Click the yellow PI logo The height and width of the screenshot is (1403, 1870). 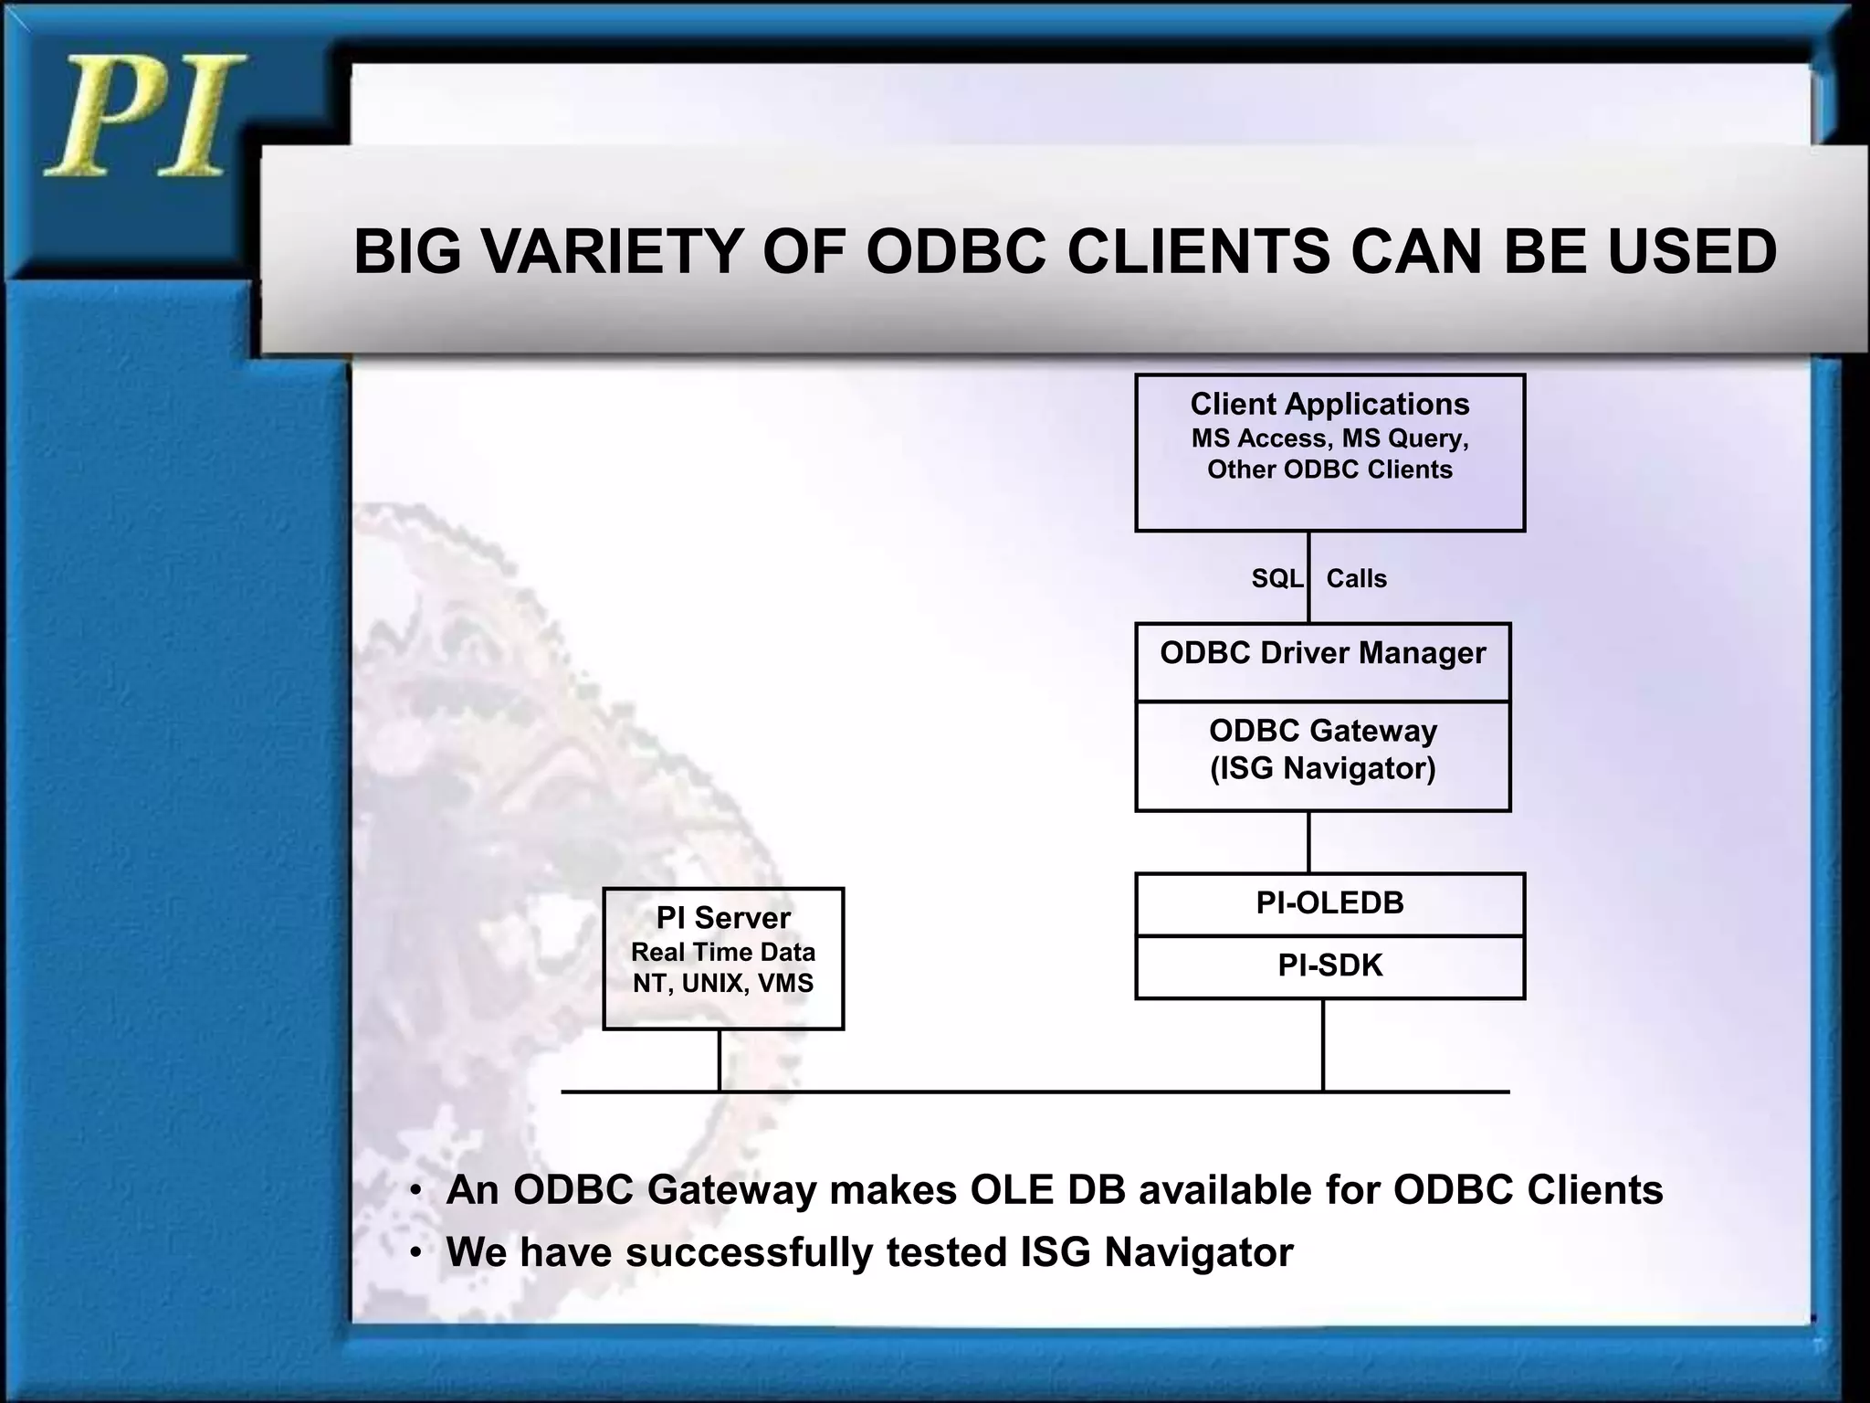click(144, 117)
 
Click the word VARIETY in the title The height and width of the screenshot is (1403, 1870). click(612, 251)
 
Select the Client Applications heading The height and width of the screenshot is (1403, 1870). click(1329, 404)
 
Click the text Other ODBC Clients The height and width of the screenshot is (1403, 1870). click(1329, 469)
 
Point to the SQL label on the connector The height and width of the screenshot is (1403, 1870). click(1276, 578)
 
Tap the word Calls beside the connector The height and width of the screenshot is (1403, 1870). click(1356, 578)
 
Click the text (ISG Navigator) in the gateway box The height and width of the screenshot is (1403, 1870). click(1322, 768)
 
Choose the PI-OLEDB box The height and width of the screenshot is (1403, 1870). click(1329, 903)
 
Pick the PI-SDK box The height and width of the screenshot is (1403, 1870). click(1329, 966)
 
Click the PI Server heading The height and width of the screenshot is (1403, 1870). click(723, 917)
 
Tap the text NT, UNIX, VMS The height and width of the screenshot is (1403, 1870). click(723, 984)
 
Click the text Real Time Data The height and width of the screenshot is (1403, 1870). click(723, 952)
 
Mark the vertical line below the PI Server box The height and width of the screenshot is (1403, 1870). click(720, 1060)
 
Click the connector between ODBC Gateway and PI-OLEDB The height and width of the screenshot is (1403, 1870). click(1308, 842)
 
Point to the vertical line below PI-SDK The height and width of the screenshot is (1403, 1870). click(1323, 1046)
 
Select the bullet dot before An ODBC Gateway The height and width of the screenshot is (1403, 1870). click(415, 1192)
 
